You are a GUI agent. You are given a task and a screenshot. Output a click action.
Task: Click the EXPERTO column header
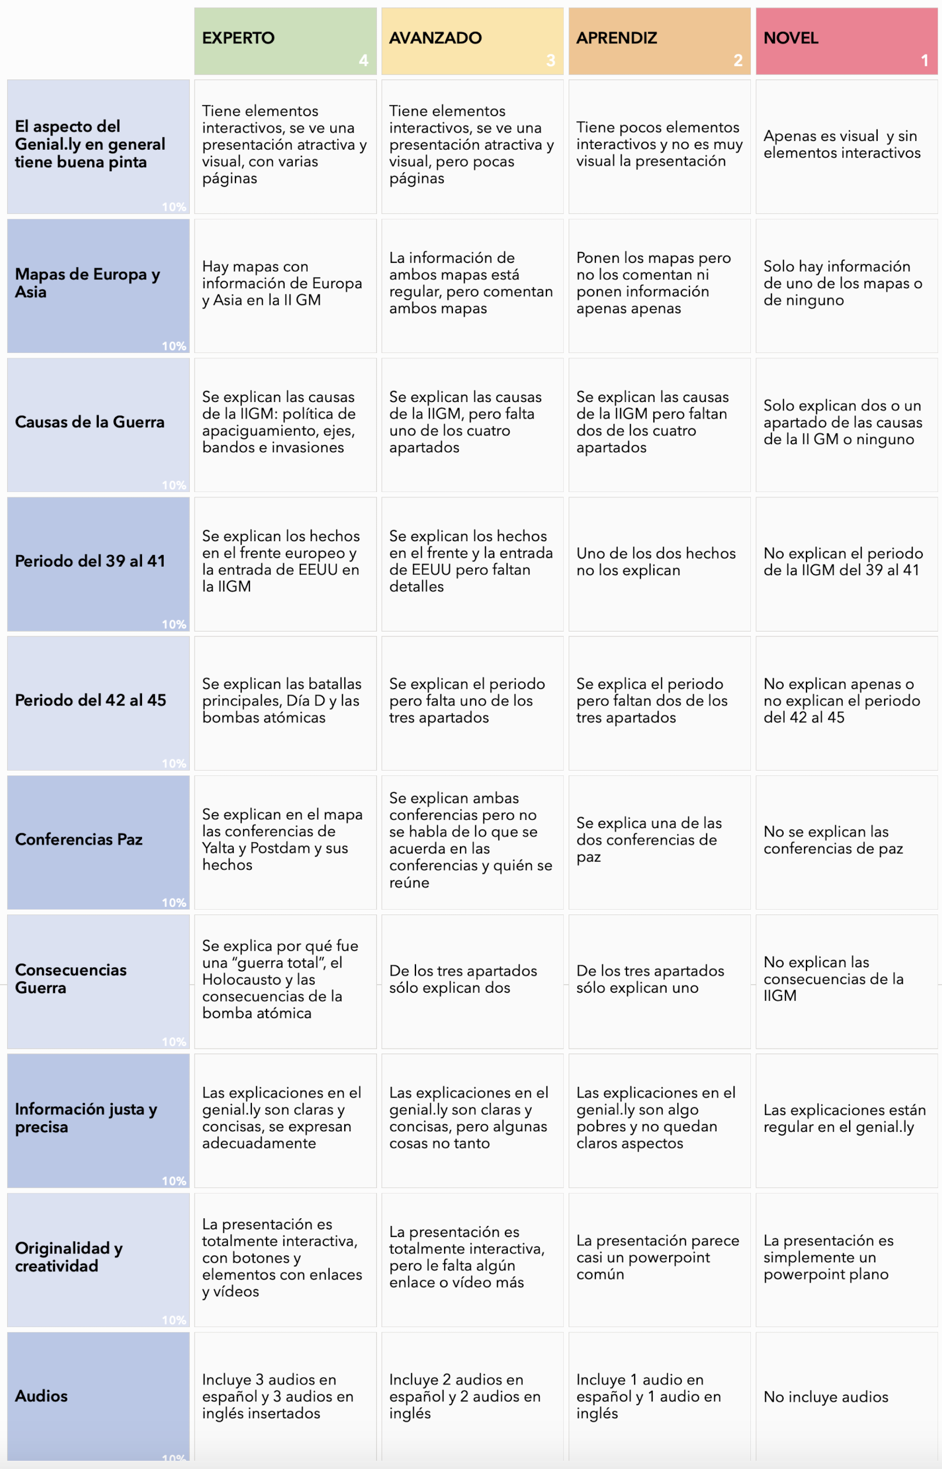pos(238,38)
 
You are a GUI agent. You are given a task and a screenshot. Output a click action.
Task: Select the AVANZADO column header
pos(435,38)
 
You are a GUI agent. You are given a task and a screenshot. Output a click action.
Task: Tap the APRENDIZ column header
pos(616,38)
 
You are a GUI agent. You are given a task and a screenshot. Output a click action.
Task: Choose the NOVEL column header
pos(790,38)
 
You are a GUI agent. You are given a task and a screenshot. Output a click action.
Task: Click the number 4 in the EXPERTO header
pos(363,60)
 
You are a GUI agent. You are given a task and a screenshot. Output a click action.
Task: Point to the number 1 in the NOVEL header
pos(924,60)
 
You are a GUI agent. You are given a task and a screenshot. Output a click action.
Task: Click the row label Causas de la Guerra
pos(90,422)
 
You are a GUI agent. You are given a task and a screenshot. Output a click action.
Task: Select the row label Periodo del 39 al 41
pos(90,561)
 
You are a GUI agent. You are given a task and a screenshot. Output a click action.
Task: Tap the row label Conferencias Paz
pos(79,839)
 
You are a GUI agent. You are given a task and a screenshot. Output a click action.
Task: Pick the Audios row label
pos(41,1396)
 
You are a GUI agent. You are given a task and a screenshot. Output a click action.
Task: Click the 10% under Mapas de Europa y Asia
pos(174,346)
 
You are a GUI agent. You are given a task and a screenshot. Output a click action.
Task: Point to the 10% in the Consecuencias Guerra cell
pos(174,1041)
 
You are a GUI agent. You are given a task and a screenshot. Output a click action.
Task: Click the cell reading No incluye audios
pos(826,1397)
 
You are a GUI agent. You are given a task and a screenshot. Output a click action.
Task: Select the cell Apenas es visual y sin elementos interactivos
pos(841,144)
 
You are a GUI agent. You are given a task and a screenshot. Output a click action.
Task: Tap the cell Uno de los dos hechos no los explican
pos(655,562)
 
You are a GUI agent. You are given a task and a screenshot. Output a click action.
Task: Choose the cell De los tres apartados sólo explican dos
pos(463,979)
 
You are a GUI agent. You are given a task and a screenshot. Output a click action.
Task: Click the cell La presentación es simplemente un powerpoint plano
pos(828,1257)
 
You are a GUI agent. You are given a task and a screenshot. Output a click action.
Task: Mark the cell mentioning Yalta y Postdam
pos(283,839)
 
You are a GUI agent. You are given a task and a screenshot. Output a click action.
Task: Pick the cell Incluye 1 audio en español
pos(649,1396)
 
